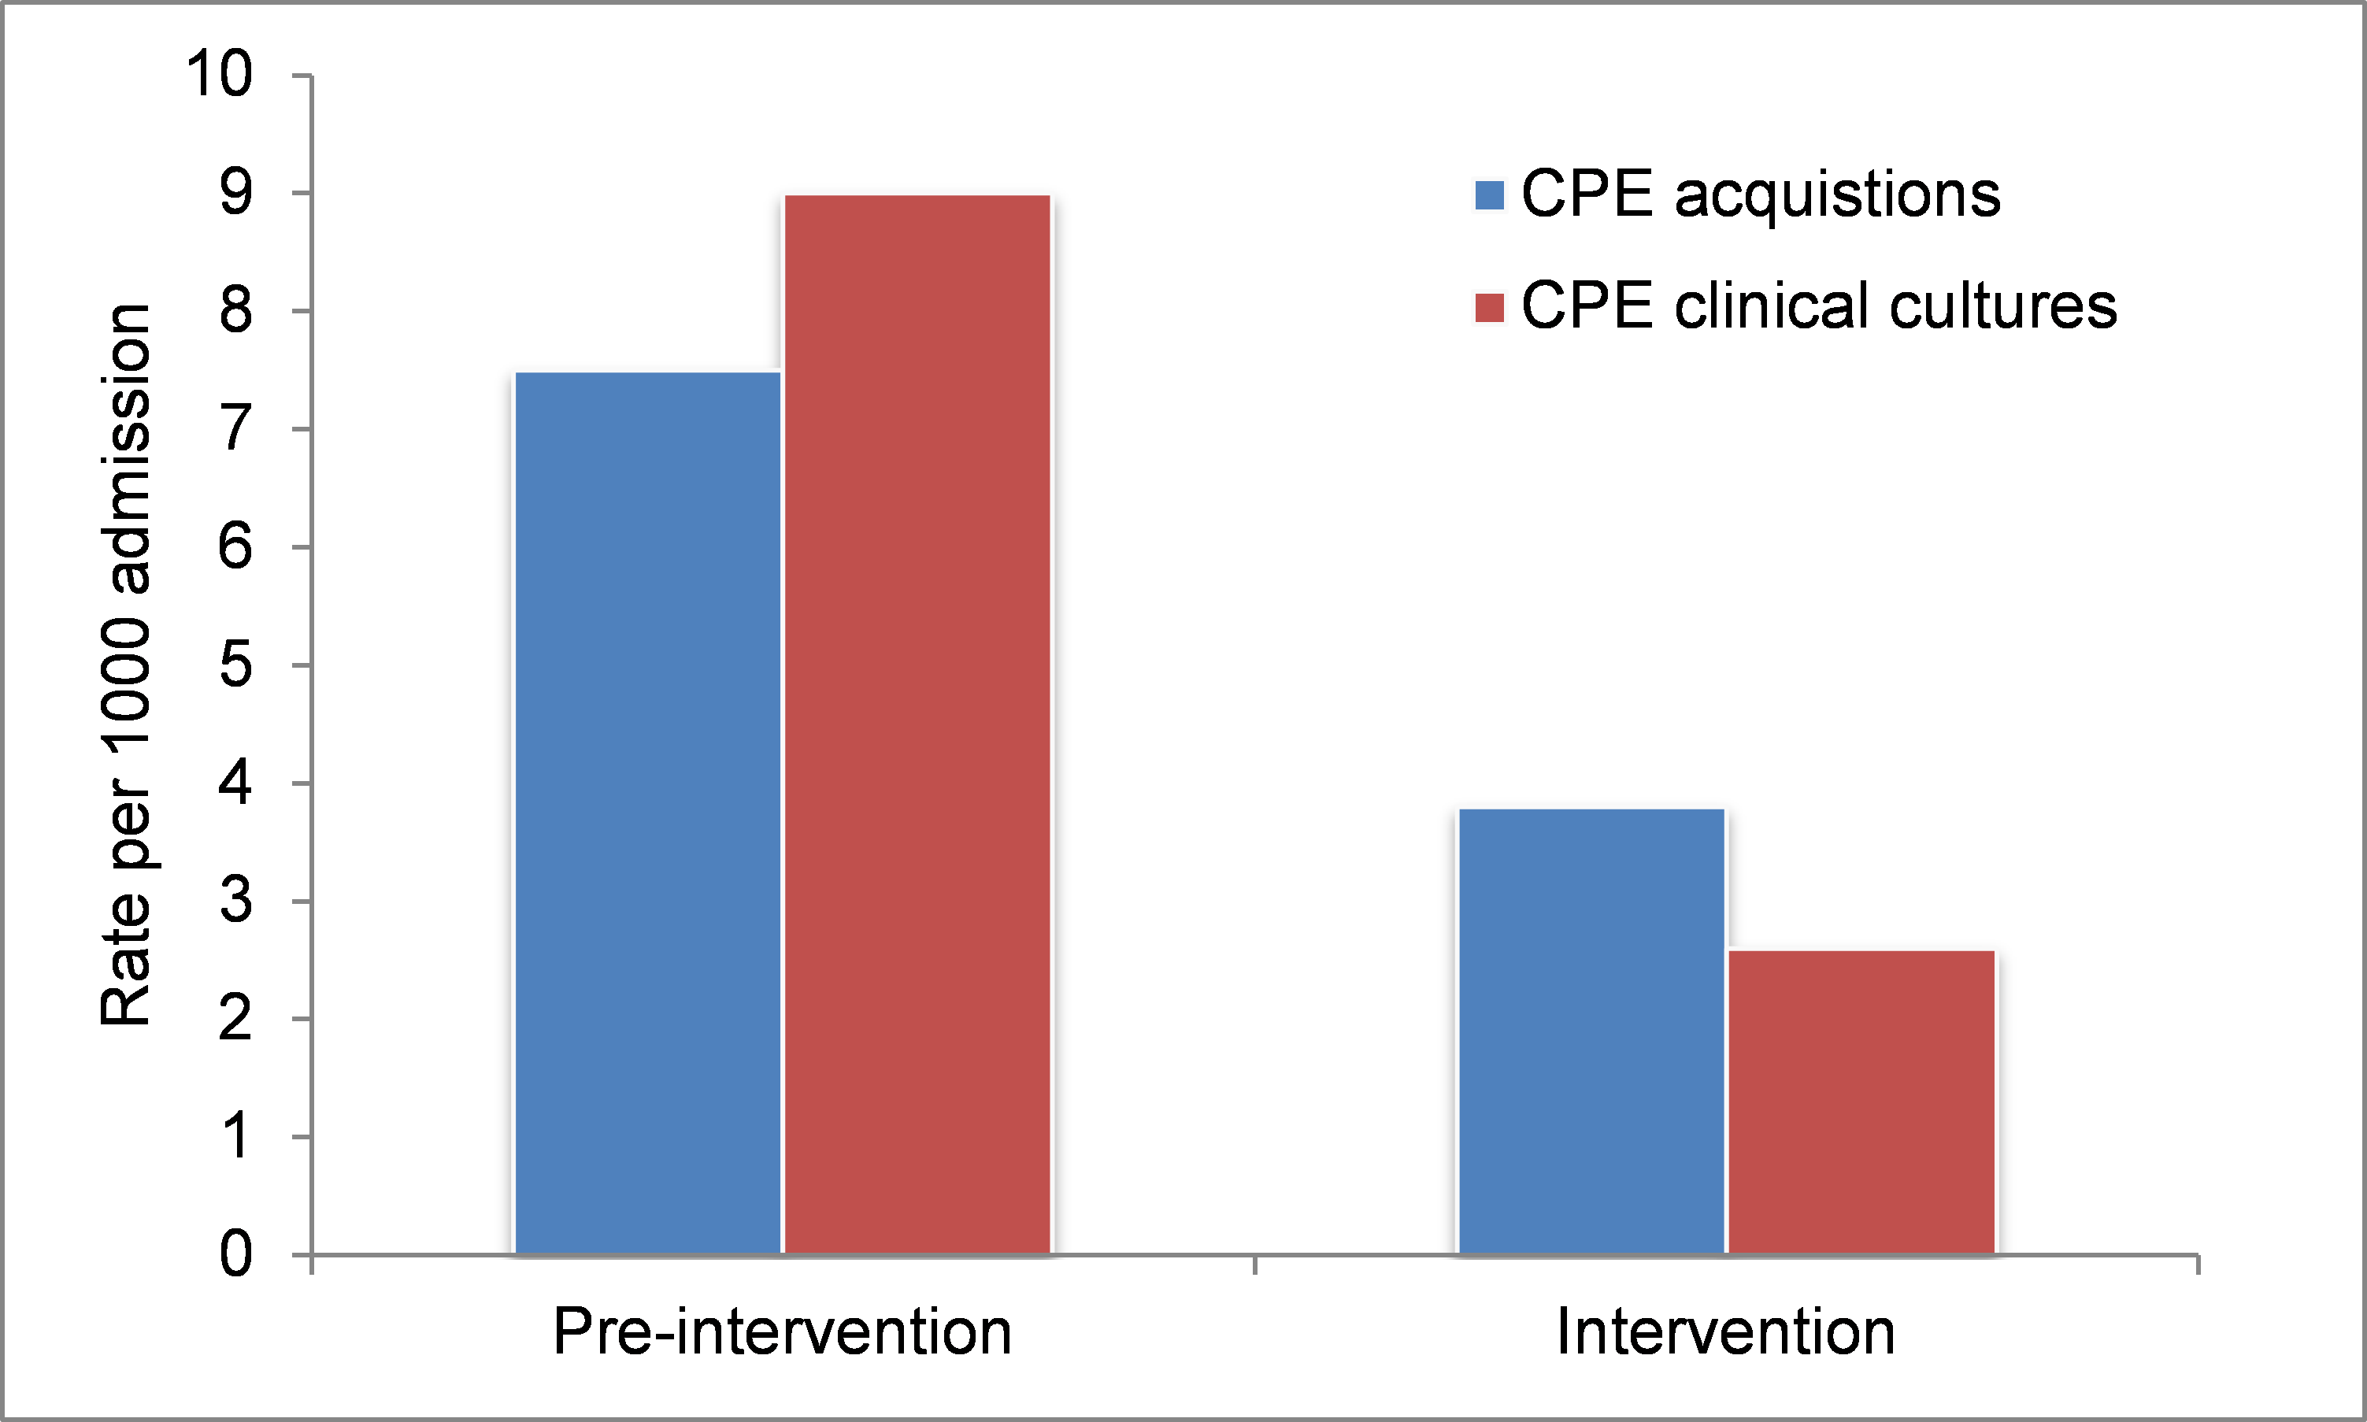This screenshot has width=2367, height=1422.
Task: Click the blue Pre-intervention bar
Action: pos(648,813)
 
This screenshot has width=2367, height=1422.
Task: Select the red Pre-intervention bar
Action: pos(917,724)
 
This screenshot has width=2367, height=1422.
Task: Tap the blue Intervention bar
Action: pos(1591,1031)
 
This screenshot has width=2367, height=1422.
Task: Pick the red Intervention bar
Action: pos(1861,1102)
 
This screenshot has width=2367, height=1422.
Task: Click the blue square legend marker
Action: pos(1489,195)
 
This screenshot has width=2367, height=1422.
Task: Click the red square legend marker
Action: pos(1489,308)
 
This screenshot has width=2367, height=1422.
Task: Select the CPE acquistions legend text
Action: pos(1761,194)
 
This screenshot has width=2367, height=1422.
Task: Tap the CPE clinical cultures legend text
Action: pos(1819,306)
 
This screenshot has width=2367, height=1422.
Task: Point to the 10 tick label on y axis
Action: pos(220,74)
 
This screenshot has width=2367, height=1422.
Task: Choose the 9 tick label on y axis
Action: pos(235,193)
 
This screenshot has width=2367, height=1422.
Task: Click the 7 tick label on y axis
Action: pos(235,428)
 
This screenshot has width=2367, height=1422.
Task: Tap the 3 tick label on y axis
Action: pos(235,901)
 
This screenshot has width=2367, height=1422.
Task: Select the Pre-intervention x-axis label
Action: pos(782,1332)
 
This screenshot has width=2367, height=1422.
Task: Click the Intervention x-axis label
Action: pos(1726,1332)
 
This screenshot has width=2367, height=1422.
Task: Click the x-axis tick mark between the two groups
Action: pos(1254,1264)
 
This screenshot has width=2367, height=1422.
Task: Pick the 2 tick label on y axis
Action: pos(235,1019)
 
